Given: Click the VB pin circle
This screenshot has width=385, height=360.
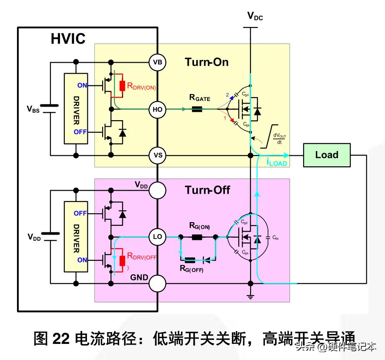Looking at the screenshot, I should (x=157, y=63).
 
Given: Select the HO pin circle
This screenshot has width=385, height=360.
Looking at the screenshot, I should (x=157, y=109).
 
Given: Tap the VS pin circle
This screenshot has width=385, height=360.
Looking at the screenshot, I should (x=157, y=155).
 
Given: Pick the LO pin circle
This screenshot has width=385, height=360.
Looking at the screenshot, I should (x=157, y=237).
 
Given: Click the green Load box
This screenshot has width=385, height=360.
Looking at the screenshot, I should (x=326, y=155).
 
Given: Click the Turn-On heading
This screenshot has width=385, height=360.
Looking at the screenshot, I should (x=207, y=62).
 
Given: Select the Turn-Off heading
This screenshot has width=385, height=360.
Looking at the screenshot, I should (x=208, y=190).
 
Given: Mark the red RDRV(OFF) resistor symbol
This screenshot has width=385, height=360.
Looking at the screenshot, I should (x=122, y=260).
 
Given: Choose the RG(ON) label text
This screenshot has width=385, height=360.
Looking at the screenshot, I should (x=200, y=226).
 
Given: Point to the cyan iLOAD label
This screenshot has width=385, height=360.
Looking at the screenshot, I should (x=276, y=162).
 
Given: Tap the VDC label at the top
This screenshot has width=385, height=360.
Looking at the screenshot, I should (x=255, y=17).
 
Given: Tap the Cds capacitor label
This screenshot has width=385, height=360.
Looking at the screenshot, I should (x=275, y=238).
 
